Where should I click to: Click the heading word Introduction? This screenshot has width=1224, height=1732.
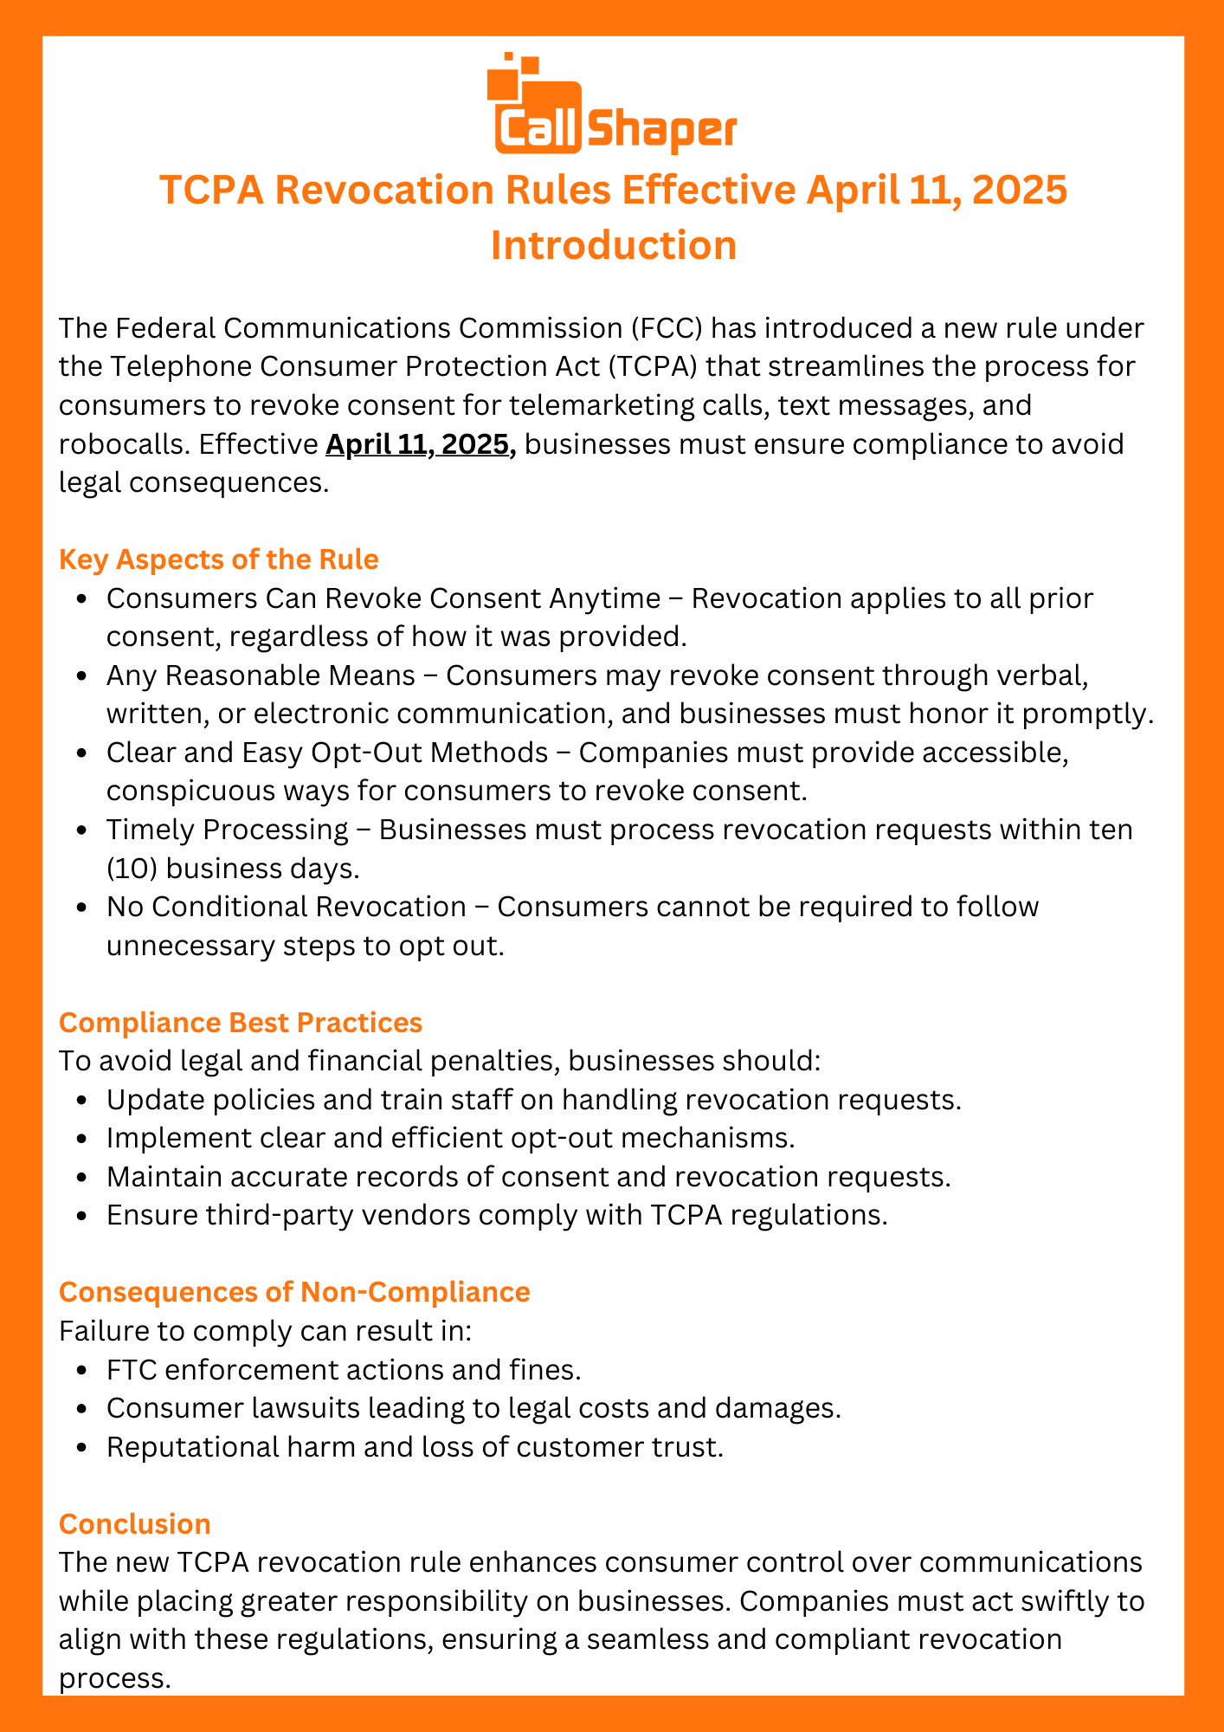(x=613, y=245)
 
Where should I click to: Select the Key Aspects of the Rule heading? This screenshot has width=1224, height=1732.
(x=218, y=559)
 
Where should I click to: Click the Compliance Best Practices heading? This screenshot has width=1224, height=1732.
(x=240, y=1023)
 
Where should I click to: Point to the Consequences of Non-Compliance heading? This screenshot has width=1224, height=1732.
(x=293, y=1292)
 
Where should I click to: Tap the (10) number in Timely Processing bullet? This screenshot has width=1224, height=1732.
(x=127, y=868)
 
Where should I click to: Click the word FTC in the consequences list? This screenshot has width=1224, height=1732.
(x=131, y=1370)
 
